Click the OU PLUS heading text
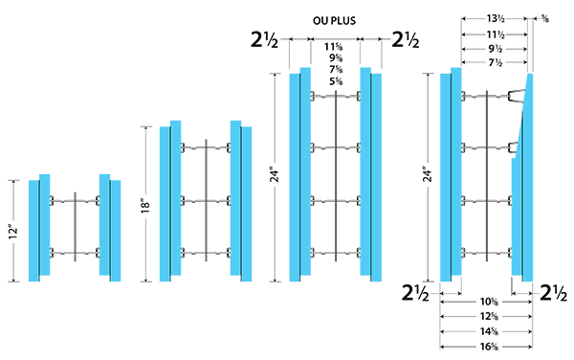coord(334,20)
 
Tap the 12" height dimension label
coord(13,232)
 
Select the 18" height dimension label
coord(145,206)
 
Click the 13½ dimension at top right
coord(496,18)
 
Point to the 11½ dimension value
coord(496,34)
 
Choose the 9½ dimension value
coord(496,49)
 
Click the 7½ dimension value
coord(496,62)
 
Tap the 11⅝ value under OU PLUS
coord(334,47)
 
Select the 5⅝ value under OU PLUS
coord(336,81)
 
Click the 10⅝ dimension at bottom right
coord(489,303)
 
